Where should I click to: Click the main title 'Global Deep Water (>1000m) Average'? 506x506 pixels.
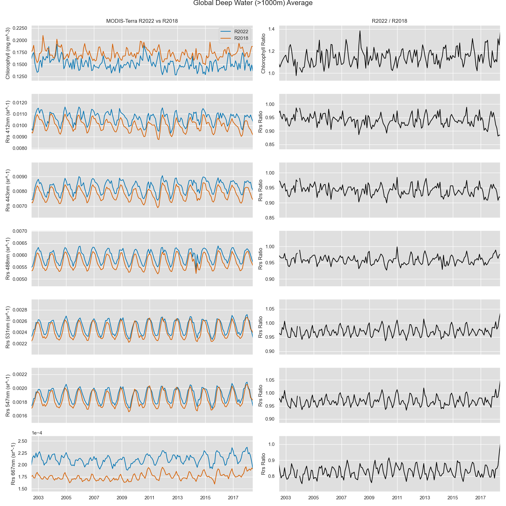point(253,3)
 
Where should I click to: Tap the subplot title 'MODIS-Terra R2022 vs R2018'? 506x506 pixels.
point(142,21)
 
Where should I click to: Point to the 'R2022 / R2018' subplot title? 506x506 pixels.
point(389,21)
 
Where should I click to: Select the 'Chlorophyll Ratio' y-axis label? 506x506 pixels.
point(263,53)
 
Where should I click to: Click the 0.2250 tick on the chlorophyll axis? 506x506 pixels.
point(20,28)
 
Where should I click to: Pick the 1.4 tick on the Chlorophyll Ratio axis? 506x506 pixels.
point(271,29)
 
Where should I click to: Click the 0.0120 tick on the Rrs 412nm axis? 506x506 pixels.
point(20,103)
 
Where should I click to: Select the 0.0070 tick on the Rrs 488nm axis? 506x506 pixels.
point(20,231)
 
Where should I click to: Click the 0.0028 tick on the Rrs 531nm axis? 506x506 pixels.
point(20,310)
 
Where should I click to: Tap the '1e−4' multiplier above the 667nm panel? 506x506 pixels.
point(37,433)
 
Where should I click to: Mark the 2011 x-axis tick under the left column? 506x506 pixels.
point(150,498)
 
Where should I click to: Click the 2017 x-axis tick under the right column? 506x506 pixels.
point(480,498)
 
